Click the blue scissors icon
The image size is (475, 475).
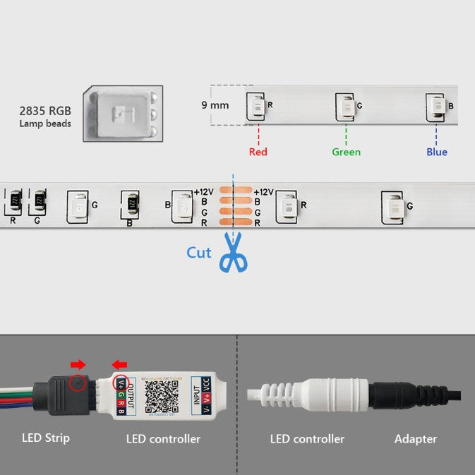coord(233,256)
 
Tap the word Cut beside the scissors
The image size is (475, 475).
coord(198,252)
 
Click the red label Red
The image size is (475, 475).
coord(258,152)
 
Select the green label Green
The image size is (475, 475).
coord(346,152)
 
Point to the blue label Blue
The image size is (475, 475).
coord(436,152)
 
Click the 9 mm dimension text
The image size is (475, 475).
coord(215,105)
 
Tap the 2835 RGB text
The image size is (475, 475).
coord(45,111)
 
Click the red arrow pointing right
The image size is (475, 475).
coord(78,365)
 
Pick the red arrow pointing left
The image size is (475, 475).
coord(119,365)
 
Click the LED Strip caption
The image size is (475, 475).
coord(46,438)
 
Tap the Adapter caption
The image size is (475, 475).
coord(415,439)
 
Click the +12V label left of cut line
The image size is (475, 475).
coord(203,192)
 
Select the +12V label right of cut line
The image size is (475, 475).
coord(263,192)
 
